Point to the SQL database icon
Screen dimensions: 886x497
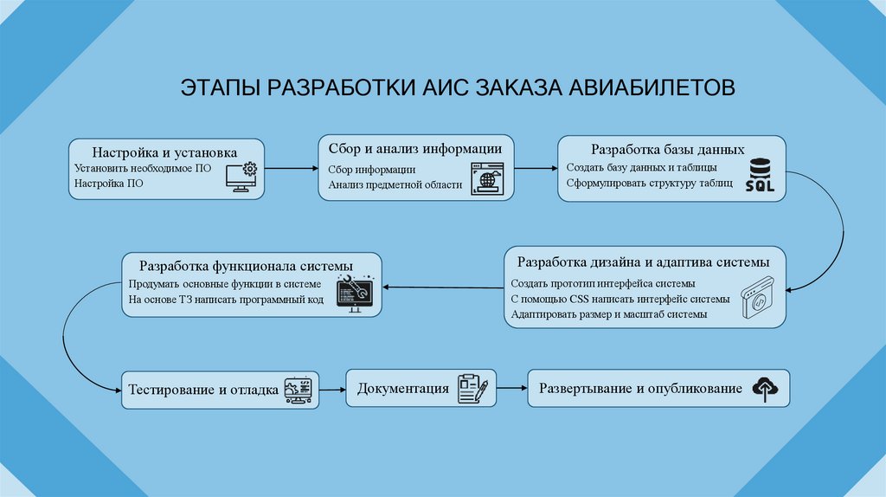pyautogui.click(x=758, y=175)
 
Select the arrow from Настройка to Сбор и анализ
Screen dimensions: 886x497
pyautogui.click(x=291, y=169)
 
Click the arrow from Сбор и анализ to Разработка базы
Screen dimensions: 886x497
pyautogui.click(x=536, y=169)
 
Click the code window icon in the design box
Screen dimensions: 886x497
pyautogui.click(x=759, y=299)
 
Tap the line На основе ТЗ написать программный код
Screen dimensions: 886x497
pyautogui.click(x=226, y=300)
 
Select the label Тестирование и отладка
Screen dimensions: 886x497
pyautogui.click(x=203, y=390)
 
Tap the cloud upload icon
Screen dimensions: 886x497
pyautogui.click(x=765, y=389)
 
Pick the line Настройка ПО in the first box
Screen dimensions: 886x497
pyautogui.click(x=108, y=184)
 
